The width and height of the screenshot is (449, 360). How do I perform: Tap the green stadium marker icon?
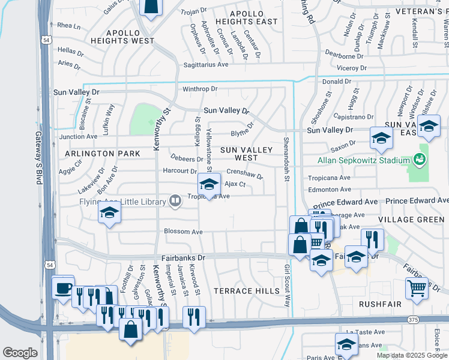[419, 160]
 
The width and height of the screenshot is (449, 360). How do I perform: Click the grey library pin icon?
[175, 201]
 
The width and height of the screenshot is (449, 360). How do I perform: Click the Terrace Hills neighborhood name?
[247, 291]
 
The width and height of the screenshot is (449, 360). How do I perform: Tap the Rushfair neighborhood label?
[379, 304]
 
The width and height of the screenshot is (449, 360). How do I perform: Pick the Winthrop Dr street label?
[200, 89]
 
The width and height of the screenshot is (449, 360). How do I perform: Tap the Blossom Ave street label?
[184, 232]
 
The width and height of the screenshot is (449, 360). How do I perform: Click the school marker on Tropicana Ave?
[209, 185]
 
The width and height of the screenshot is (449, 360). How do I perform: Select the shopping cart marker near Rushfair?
[417, 289]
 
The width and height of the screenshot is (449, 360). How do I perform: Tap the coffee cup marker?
[63, 287]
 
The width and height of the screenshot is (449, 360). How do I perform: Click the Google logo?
[20, 353]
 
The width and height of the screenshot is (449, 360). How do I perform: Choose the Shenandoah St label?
[287, 162]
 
